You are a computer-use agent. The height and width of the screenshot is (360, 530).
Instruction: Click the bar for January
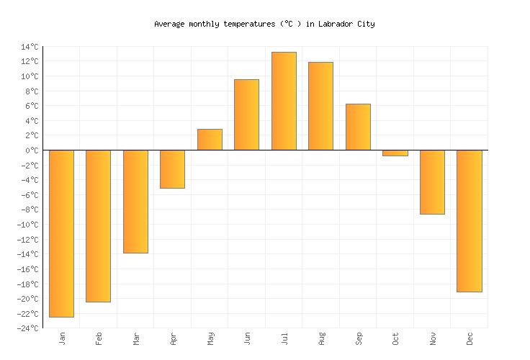(x=61, y=233)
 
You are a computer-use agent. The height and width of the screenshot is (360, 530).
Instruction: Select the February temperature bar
(x=98, y=225)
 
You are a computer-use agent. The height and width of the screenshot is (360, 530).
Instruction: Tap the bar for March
(x=135, y=202)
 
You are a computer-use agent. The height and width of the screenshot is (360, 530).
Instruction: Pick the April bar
(x=172, y=169)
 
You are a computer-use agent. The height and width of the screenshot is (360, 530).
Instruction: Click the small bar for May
(x=210, y=140)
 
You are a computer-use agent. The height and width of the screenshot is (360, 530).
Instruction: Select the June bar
(x=246, y=114)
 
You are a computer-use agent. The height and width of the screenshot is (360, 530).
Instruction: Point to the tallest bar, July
(x=284, y=101)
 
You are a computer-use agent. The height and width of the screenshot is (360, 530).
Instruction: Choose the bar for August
(x=320, y=106)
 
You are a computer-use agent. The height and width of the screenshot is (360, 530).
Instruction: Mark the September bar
(x=358, y=127)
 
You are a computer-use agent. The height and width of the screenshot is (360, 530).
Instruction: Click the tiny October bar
(x=395, y=153)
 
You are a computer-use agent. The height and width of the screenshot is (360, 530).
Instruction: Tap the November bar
(x=432, y=182)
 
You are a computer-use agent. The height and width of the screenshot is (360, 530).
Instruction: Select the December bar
(x=470, y=221)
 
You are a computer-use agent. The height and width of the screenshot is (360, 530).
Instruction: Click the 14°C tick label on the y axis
(x=30, y=47)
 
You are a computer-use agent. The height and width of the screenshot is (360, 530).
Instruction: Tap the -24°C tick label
(x=27, y=328)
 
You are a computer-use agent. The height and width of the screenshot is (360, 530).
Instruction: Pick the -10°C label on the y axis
(x=27, y=225)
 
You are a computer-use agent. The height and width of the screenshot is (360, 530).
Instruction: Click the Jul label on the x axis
(x=284, y=338)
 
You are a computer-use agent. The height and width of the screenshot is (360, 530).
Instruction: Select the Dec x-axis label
(x=470, y=338)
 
